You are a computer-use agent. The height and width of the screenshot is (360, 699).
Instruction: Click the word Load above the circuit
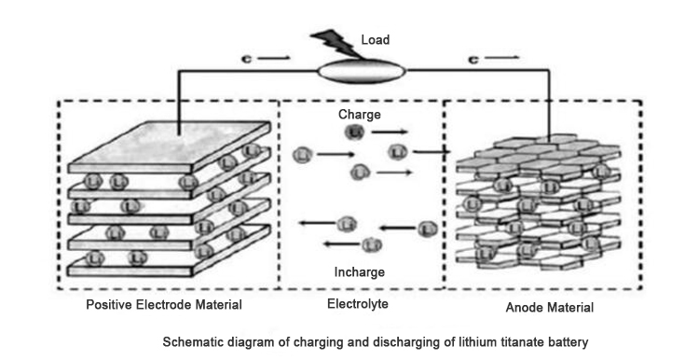coord(376,40)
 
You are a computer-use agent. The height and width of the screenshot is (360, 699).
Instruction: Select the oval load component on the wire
coord(362,70)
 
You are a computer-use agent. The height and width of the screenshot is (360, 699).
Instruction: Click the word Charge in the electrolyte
coord(359,115)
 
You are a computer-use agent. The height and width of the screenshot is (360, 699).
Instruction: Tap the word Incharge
coord(360,272)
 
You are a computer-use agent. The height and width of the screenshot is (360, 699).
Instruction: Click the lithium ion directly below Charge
coord(354,133)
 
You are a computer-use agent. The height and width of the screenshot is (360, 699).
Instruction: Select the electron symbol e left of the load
coord(244,59)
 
